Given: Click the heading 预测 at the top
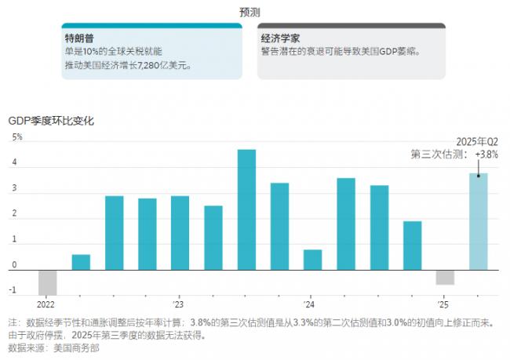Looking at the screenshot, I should (x=250, y=12).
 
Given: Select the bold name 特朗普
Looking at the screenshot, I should (x=79, y=38).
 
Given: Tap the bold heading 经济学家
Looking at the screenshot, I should (x=281, y=38).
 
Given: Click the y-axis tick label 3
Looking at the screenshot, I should (x=14, y=190).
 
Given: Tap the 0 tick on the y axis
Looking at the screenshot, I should (x=14, y=266).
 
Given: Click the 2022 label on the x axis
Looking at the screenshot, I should (x=46, y=304).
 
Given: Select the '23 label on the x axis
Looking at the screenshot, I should (x=178, y=304).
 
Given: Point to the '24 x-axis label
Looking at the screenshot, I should (x=310, y=304).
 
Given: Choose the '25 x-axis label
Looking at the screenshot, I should (x=443, y=304).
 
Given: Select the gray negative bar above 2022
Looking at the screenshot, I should (x=48, y=282).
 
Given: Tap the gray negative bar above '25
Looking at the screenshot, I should (x=445, y=277).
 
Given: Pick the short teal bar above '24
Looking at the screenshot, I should (x=312, y=260).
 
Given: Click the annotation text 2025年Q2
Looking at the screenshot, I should (x=477, y=141).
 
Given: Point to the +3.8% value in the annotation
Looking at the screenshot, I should (x=486, y=155).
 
